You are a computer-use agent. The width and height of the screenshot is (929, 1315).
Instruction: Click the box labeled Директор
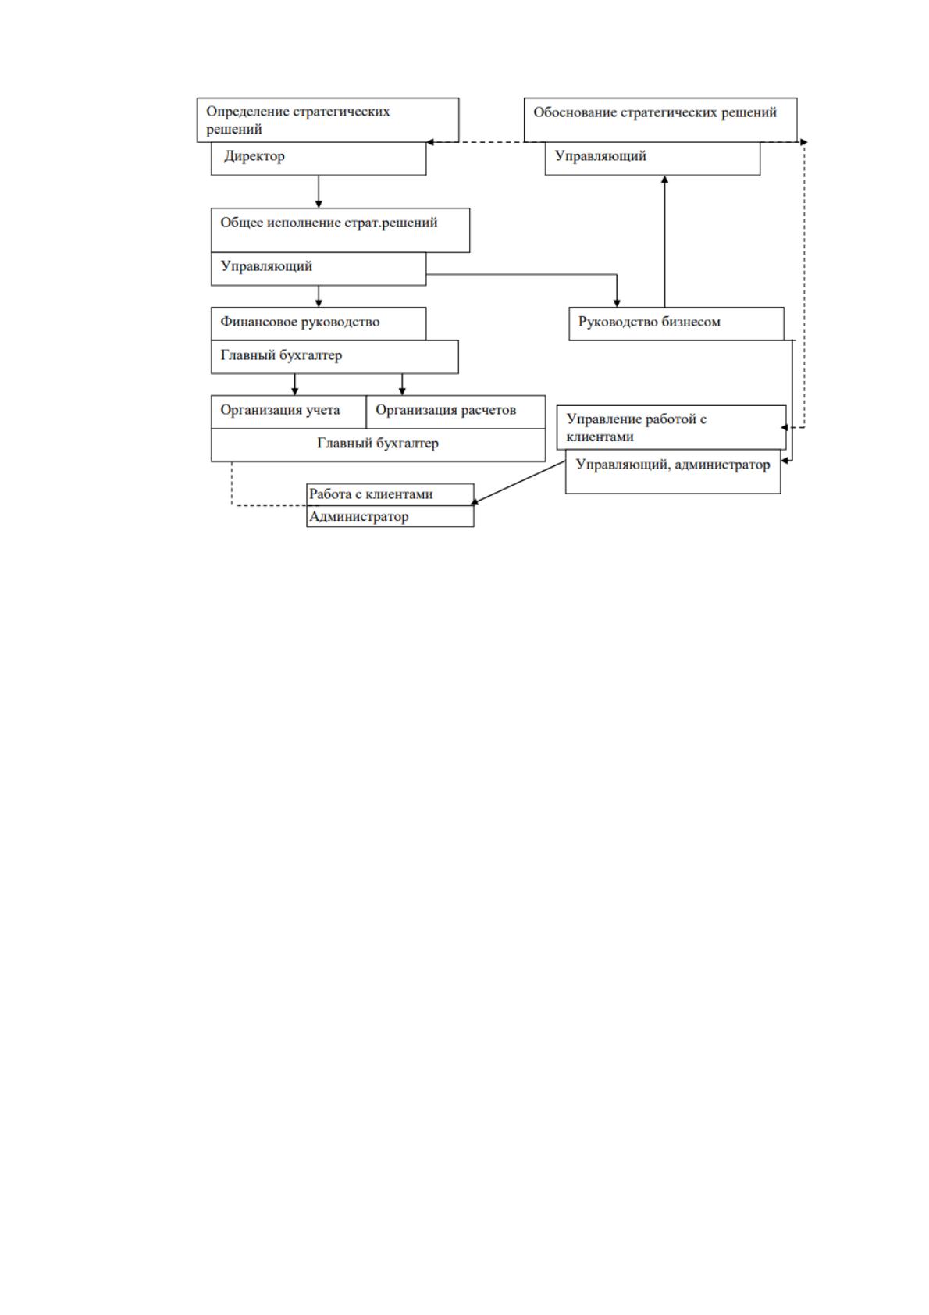pos(318,159)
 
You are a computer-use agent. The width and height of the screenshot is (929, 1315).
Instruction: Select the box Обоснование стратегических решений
pos(660,119)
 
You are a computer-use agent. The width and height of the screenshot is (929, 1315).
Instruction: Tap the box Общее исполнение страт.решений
pos(340,230)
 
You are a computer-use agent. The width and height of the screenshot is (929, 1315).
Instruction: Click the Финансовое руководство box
pos(319,323)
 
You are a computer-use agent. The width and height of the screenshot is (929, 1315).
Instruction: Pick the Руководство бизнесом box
pos(676,323)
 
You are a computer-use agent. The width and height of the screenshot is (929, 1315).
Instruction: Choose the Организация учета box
pos(289,412)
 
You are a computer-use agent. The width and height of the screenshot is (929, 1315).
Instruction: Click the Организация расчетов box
pos(456,412)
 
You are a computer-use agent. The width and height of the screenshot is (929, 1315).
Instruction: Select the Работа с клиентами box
pos(390,494)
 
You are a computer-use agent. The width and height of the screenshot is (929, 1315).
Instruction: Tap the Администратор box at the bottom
pos(390,516)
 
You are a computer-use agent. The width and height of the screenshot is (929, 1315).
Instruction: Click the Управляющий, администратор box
pos(673,472)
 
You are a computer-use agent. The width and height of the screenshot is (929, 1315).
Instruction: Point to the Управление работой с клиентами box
pos(671,427)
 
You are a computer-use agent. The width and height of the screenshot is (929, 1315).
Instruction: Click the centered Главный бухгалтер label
pos(378,444)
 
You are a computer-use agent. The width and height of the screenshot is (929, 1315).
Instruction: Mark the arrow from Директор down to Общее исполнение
pos(319,192)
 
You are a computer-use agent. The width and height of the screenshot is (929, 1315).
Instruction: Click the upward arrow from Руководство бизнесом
pos(665,241)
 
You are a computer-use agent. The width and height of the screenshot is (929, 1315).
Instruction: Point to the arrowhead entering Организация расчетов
pos(402,391)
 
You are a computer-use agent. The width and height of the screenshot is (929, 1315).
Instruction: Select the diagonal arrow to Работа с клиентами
pos(519,483)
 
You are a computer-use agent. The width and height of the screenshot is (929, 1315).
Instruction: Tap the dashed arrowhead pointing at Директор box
pos(430,142)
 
